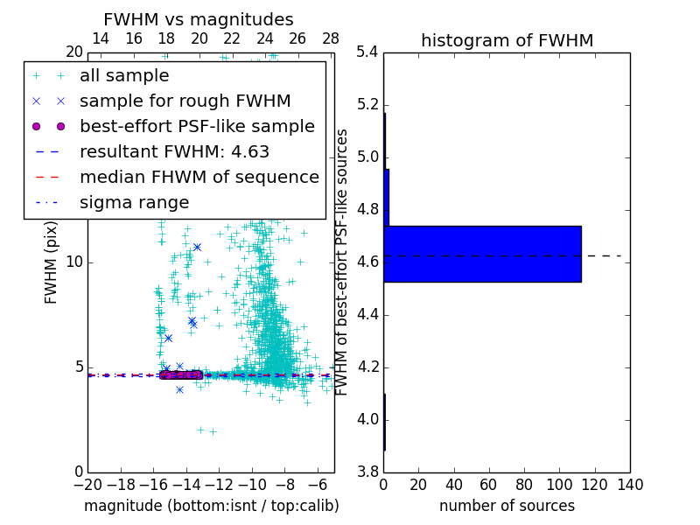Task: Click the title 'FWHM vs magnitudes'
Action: click(199, 20)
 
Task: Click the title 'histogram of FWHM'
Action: click(507, 41)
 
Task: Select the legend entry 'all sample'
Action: click(124, 76)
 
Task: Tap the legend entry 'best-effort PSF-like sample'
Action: click(197, 127)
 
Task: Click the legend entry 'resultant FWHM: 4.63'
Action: click(174, 152)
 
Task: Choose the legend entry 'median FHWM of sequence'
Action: click(199, 178)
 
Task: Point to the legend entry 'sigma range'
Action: click(134, 203)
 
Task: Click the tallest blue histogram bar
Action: click(482, 254)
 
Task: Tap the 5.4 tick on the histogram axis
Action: click(367, 52)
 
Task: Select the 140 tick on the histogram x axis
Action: click(630, 484)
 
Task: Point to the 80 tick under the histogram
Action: click(524, 484)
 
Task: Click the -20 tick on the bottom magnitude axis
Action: click(87, 484)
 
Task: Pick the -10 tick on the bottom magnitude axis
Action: click(252, 484)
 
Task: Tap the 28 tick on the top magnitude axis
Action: click(331, 38)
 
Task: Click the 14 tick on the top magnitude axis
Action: click(101, 38)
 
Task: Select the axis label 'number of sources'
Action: click(507, 506)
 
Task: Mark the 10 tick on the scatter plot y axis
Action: click(74, 262)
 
